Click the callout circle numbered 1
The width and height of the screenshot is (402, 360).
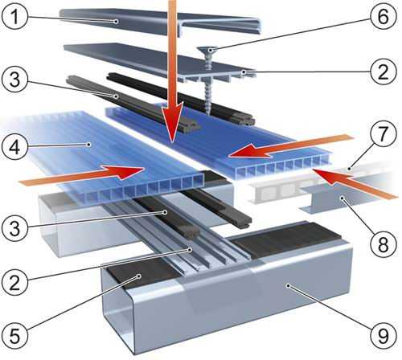(14, 16)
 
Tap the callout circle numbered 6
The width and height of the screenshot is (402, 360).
(384, 16)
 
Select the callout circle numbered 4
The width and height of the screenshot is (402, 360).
(14, 147)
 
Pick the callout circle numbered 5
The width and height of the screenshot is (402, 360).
(14, 335)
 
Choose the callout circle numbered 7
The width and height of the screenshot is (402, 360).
(384, 133)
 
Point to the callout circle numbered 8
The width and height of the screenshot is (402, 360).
(384, 243)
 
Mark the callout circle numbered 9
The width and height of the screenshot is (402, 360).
(384, 335)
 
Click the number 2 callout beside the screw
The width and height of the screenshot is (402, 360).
(384, 72)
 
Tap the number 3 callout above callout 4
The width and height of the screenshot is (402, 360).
(14, 80)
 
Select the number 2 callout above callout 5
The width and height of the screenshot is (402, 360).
(14, 282)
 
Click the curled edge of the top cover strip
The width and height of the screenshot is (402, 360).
(256, 27)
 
